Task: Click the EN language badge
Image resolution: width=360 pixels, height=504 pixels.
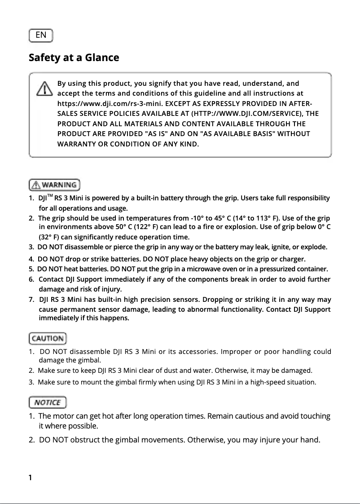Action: pyautogui.click(x=40, y=35)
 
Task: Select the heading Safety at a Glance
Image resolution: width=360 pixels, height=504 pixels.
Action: pyautogui.click(x=74, y=58)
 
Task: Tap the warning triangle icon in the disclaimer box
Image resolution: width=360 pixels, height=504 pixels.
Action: pyautogui.click(x=44, y=88)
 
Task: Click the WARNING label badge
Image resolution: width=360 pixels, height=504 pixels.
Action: pyautogui.click(x=54, y=185)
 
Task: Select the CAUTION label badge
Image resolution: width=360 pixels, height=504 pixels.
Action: pyautogui.click(x=48, y=339)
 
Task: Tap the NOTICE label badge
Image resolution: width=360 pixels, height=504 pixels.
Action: pyautogui.click(x=48, y=402)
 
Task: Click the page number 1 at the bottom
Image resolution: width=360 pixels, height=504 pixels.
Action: pyautogui.click(x=30, y=477)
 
